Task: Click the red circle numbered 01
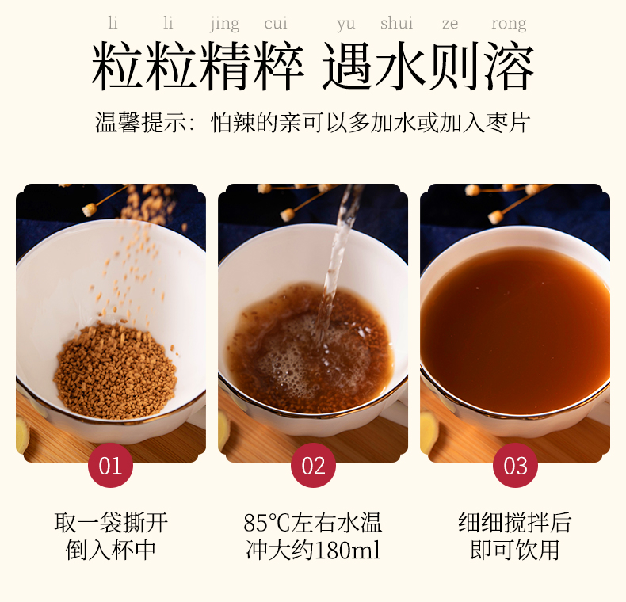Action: click(110, 465)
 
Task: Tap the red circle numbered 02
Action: click(313, 465)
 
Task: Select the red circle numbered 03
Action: click(515, 465)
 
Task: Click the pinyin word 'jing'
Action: click(225, 24)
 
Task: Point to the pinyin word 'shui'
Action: click(396, 23)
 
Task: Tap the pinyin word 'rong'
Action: click(509, 25)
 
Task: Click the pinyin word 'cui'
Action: click(276, 23)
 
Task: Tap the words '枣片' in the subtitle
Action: click(507, 122)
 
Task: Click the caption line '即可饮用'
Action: click(515, 551)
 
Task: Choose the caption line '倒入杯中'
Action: click(111, 551)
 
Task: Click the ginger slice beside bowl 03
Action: click(429, 432)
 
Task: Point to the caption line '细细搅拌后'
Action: click(515, 523)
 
